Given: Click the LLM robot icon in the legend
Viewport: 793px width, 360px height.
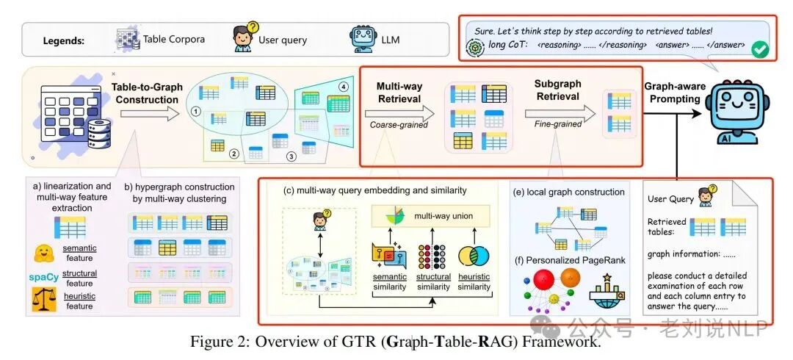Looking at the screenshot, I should (x=361, y=39).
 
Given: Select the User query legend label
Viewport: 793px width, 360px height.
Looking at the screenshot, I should (x=283, y=40).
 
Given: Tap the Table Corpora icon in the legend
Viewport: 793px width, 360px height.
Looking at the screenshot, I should (x=128, y=39).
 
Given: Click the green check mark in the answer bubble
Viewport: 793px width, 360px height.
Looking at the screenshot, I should (x=760, y=49).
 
